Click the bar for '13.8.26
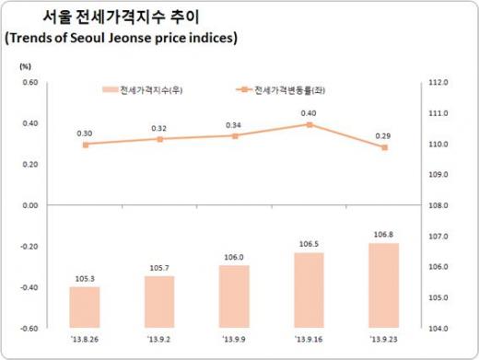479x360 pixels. (85, 307)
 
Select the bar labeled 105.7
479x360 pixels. (159, 301)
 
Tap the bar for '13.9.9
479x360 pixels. (234, 296)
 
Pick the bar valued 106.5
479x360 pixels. (309, 289)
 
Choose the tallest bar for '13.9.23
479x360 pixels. (383, 285)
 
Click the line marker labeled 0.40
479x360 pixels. (309, 124)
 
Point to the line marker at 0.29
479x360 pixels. (383, 147)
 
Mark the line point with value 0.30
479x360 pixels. (86, 145)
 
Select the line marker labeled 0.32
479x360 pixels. (160, 139)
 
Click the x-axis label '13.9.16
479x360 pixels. (309, 339)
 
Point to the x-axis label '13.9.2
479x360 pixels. (159, 339)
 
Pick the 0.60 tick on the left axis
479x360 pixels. (29, 83)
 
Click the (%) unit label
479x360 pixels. (25, 66)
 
